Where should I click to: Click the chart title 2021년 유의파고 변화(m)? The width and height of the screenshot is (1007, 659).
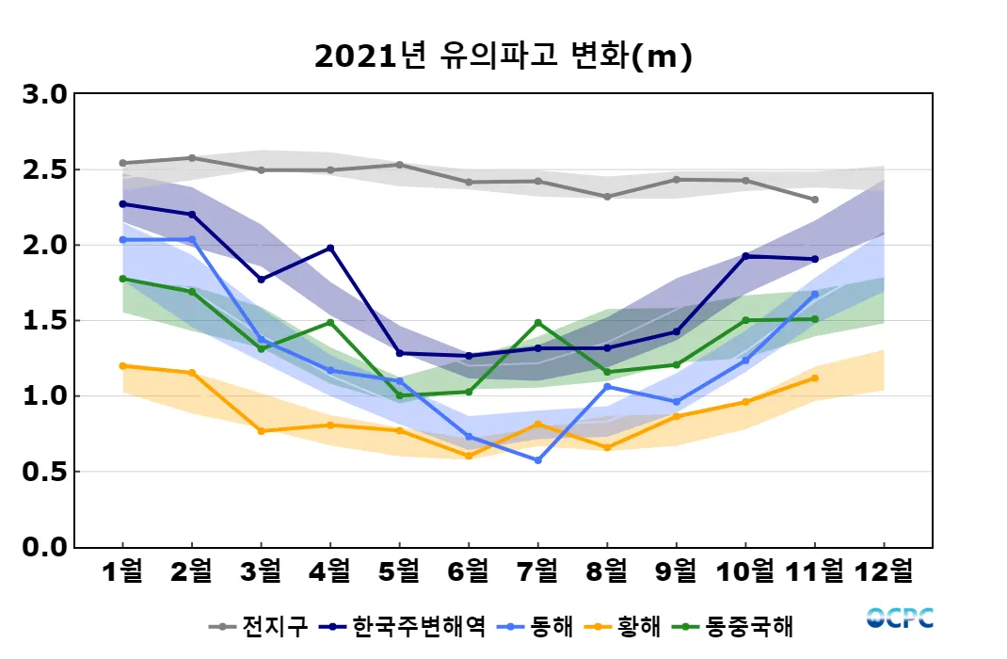click(503, 57)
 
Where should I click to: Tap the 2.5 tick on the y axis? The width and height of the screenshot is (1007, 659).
click(45, 170)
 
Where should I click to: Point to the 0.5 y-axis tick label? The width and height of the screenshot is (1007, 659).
click(45, 472)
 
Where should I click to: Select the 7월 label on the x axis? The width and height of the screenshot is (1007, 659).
click(537, 571)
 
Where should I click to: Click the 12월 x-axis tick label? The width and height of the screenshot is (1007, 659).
click(884, 571)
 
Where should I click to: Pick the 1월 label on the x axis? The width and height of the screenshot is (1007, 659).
click(122, 571)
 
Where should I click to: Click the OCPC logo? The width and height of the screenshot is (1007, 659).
click(900, 619)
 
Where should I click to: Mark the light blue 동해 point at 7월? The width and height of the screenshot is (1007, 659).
click(537, 460)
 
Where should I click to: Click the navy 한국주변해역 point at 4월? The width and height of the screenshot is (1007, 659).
click(330, 249)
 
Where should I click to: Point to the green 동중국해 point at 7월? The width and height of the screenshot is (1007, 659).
click(537, 323)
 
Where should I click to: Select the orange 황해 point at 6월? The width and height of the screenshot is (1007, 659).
click(469, 456)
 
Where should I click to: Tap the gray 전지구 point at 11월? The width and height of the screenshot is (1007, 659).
click(814, 200)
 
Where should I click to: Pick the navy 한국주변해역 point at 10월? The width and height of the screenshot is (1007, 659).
click(745, 256)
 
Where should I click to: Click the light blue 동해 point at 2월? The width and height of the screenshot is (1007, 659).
click(192, 239)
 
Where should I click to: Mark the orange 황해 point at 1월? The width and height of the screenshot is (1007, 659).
click(122, 365)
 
